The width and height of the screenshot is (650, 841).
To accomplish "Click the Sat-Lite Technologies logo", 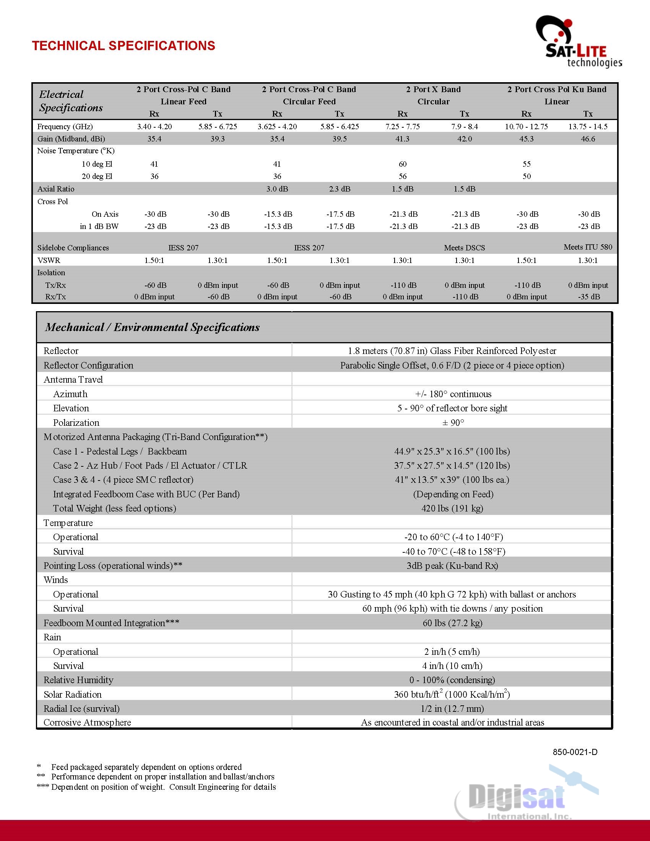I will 578,42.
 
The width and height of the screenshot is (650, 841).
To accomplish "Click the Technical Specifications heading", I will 123,46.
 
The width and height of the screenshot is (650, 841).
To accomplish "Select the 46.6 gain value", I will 588,139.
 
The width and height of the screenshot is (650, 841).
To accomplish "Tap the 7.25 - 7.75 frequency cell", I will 402,127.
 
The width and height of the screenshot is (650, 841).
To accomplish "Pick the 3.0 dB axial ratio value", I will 277,189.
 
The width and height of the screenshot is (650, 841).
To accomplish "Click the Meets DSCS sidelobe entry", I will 464,248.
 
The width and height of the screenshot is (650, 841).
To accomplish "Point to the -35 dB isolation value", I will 588,297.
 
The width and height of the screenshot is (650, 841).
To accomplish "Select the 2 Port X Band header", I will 433,89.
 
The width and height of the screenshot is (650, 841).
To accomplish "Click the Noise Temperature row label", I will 75,151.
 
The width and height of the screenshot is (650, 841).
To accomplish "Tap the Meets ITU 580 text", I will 588,247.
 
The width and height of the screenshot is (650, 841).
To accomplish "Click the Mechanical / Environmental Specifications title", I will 152,327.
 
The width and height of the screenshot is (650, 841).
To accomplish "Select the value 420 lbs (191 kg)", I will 452,508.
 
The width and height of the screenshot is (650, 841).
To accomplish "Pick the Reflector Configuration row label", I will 88,365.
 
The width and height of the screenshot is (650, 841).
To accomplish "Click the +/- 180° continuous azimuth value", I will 453,394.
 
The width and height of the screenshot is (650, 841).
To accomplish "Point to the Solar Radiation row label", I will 72,694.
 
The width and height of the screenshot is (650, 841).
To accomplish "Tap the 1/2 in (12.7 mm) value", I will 452,708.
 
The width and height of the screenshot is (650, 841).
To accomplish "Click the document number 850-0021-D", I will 575,752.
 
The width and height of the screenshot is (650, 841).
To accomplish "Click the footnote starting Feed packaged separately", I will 146,767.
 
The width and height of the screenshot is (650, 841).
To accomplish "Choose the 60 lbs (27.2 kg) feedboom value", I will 452,623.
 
